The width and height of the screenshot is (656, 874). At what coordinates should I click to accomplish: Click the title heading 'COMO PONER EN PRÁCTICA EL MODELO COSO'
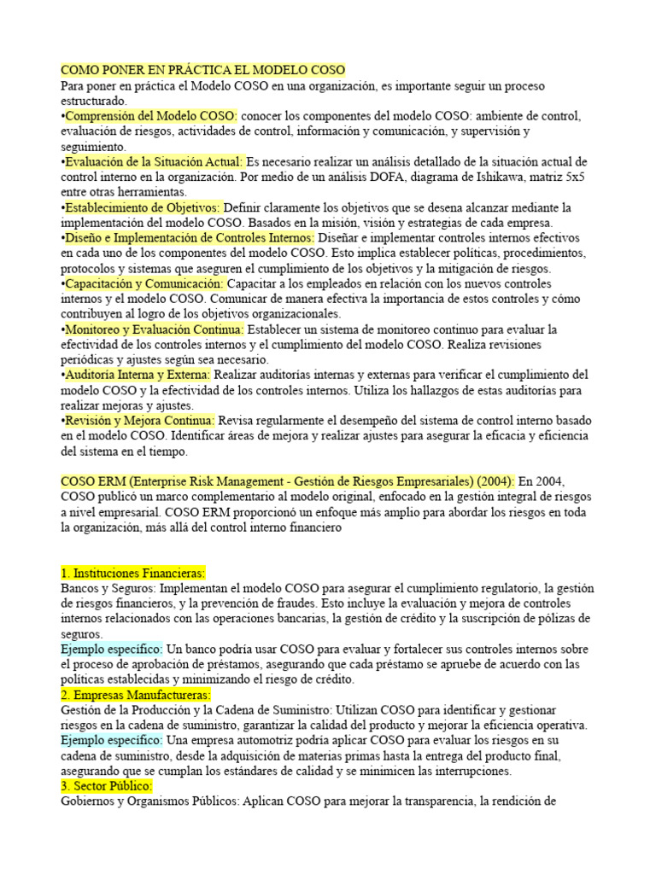[x=202, y=70]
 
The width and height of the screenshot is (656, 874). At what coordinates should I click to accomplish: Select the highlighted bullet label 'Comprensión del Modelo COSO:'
[x=150, y=116]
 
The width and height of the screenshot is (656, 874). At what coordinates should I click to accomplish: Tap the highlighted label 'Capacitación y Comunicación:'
[x=144, y=283]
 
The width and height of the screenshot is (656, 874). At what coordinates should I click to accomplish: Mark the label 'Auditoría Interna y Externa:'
[x=138, y=375]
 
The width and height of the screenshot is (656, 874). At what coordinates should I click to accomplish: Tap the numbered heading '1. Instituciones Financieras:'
[x=133, y=574]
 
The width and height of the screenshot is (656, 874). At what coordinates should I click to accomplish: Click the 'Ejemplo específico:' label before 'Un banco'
[x=111, y=650]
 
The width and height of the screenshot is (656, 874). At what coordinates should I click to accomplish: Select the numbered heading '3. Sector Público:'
[x=107, y=786]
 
